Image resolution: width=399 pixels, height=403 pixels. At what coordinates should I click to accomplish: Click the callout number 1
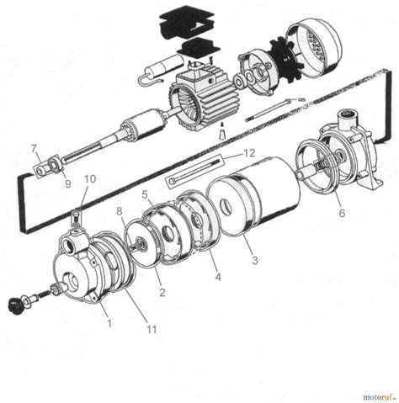(107, 320)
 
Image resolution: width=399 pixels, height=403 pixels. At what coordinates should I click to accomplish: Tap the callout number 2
(162, 292)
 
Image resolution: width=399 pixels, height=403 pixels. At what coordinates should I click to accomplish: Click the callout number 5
(145, 194)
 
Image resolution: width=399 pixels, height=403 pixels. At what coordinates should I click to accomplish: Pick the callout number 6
(341, 214)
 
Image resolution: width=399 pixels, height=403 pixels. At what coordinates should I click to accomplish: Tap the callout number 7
(34, 149)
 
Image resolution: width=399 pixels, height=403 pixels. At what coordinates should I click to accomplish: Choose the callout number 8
(120, 210)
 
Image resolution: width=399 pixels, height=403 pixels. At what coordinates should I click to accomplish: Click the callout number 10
(90, 179)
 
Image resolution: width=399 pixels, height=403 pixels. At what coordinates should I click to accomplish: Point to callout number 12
(248, 154)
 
